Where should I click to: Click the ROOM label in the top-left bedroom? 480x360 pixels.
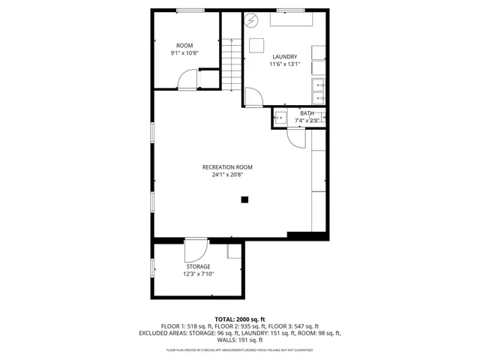click(184, 46)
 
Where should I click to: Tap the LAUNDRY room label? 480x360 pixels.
click(284, 56)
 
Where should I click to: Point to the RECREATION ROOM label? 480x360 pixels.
click(227, 166)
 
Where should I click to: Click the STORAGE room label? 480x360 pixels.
click(198, 266)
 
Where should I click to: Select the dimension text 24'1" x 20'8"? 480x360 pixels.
click(227, 175)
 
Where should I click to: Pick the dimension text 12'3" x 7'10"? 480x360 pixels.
click(198, 274)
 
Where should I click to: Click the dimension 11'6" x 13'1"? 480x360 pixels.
click(284, 64)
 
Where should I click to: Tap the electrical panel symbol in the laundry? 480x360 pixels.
click(252, 20)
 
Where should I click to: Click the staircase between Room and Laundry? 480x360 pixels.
click(232, 63)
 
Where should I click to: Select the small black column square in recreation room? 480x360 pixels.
click(244, 199)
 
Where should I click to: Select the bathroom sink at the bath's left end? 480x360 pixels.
click(280, 117)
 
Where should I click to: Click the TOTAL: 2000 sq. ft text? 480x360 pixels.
click(240, 319)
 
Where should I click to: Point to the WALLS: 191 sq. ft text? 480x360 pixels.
click(240, 340)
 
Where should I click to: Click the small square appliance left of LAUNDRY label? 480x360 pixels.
click(256, 43)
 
